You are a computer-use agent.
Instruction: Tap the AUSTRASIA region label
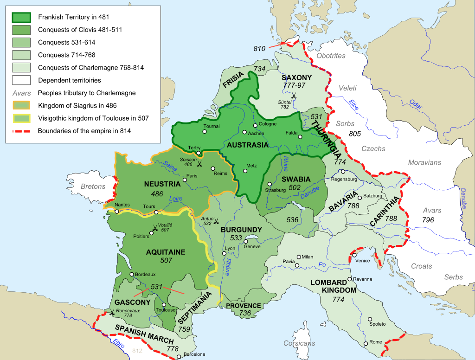[x=248, y=145]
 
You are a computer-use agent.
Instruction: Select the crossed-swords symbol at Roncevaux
[x=112, y=313]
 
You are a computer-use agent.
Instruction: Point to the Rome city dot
[x=366, y=343]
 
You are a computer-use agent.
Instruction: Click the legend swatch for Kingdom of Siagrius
[x=21, y=105]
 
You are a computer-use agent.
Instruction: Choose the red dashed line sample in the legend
[x=21, y=131]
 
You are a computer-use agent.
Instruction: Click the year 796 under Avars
[x=428, y=220]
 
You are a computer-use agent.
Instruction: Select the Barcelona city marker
[x=179, y=357]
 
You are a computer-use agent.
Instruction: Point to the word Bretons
[x=93, y=186]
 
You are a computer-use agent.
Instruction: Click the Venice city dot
[x=354, y=255]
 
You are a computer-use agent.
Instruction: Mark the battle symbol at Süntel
[x=293, y=96]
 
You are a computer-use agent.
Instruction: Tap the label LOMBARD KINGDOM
[x=334, y=286]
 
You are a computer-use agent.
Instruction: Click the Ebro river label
[x=118, y=342]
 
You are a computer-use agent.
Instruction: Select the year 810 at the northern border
[x=261, y=49]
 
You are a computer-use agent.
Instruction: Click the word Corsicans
[x=299, y=343]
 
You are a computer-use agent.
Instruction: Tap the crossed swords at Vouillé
[x=154, y=228]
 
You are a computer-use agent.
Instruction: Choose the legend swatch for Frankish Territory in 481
[x=21, y=17]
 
